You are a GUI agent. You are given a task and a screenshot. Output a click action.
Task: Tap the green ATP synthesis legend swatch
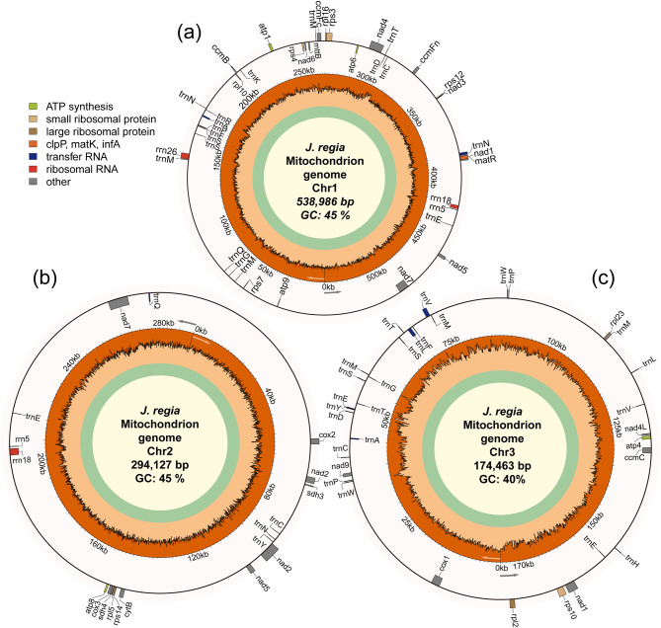tap(35, 107)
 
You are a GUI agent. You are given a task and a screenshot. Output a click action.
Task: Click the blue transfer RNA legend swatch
tap(35, 156)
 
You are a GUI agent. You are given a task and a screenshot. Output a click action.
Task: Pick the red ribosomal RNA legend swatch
tap(35, 169)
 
